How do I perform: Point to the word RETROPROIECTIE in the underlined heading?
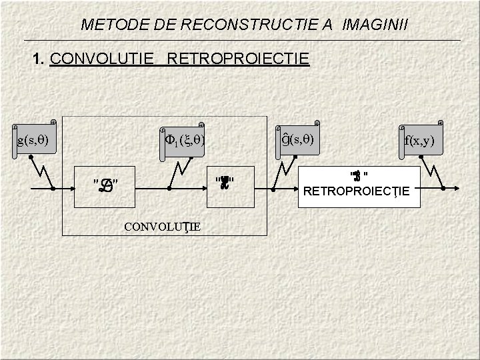point(239,59)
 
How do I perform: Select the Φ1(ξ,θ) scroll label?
point(184,141)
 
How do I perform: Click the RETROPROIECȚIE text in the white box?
point(361,193)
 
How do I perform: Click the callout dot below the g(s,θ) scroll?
point(31,157)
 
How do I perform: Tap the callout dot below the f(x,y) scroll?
point(423,161)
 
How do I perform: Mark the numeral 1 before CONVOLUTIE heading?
point(37,59)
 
